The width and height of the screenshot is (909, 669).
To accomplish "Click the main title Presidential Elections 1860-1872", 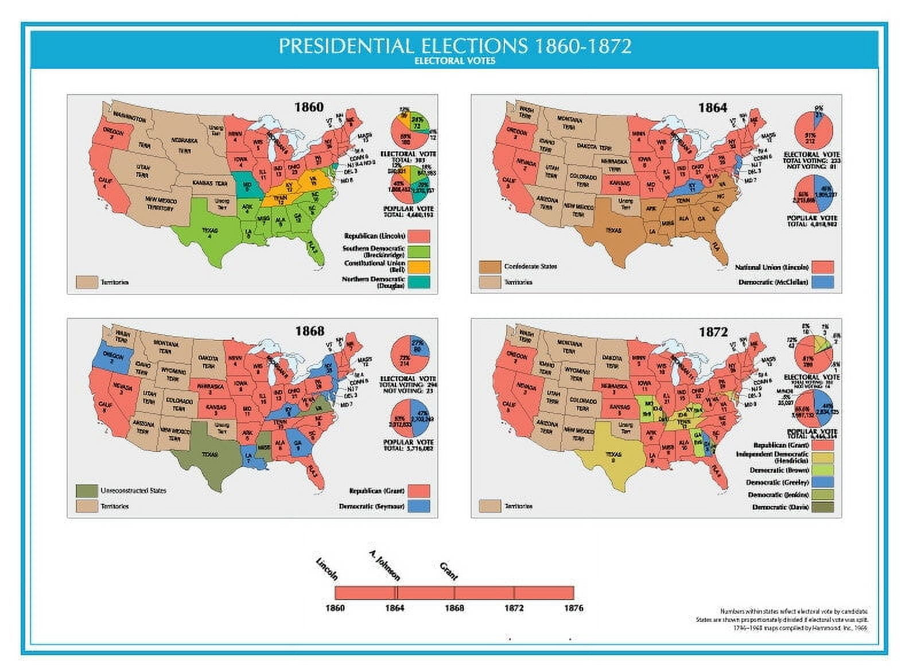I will (454, 46).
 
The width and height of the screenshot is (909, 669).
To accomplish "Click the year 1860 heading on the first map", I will (309, 107).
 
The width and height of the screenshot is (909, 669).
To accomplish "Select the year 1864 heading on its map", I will (712, 108).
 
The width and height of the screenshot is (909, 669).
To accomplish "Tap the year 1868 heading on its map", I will (309, 331).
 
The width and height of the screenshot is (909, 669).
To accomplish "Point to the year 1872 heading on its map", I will (713, 332).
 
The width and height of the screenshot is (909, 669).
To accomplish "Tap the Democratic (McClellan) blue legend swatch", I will (823, 282).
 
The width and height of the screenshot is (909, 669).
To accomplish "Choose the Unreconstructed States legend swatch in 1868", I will (86, 491).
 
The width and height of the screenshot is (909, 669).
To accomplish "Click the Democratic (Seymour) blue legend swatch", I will (420, 506).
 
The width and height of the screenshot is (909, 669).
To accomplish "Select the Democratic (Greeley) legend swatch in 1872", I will (823, 482).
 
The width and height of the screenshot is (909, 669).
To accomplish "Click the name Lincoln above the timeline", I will (327, 569).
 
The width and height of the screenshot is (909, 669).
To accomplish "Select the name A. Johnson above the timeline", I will (384, 565).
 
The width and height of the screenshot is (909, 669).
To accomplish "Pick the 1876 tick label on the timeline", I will (573, 608).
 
